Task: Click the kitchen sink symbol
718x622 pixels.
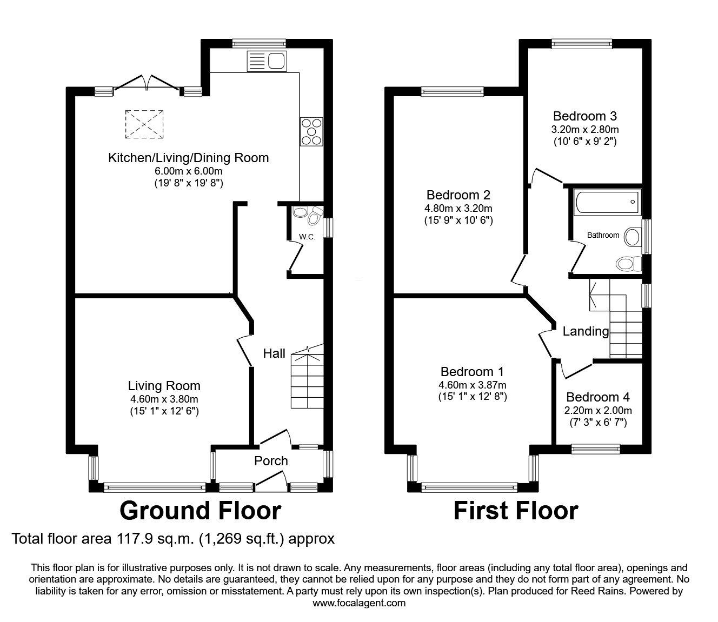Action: (266, 61)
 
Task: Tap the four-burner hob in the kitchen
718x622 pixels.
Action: (311, 131)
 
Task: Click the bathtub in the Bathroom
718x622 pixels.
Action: (608, 202)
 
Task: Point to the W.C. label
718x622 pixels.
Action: (307, 237)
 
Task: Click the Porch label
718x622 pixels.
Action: (271, 461)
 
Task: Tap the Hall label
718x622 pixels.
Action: (274, 353)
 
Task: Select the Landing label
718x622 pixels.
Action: (586, 331)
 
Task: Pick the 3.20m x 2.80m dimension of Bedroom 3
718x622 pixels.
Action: (585, 130)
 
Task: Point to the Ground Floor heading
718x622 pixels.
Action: (200, 511)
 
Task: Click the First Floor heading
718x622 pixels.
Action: (515, 511)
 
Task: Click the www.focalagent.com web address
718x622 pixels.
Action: (359, 603)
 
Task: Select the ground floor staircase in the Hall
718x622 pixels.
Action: (307, 381)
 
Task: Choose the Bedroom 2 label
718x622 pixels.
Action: (458, 195)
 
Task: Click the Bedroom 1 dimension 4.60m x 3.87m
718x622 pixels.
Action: (473, 385)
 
